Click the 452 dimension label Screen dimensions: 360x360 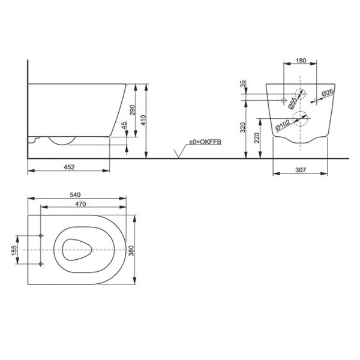pos(69,167)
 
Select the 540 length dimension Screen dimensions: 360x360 pos(75,195)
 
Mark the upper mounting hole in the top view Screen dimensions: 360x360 pos(40,235)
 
